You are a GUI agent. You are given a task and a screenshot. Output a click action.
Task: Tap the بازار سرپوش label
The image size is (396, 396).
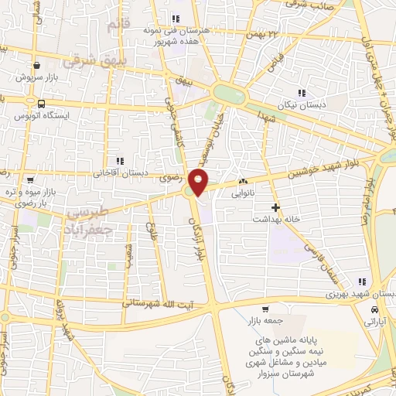(x=37, y=78)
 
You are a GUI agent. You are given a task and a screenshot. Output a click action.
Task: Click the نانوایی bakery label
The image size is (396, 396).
(x=243, y=194)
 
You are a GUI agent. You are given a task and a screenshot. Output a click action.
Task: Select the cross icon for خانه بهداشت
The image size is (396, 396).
(x=275, y=207)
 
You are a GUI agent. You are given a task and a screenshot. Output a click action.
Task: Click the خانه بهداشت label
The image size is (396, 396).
(x=275, y=220)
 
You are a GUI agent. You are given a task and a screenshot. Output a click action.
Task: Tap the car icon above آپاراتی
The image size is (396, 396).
(x=375, y=309)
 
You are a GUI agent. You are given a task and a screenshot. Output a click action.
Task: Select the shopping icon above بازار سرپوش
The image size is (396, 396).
(x=36, y=67)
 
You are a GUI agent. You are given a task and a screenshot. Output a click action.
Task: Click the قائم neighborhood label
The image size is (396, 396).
(x=113, y=26)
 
